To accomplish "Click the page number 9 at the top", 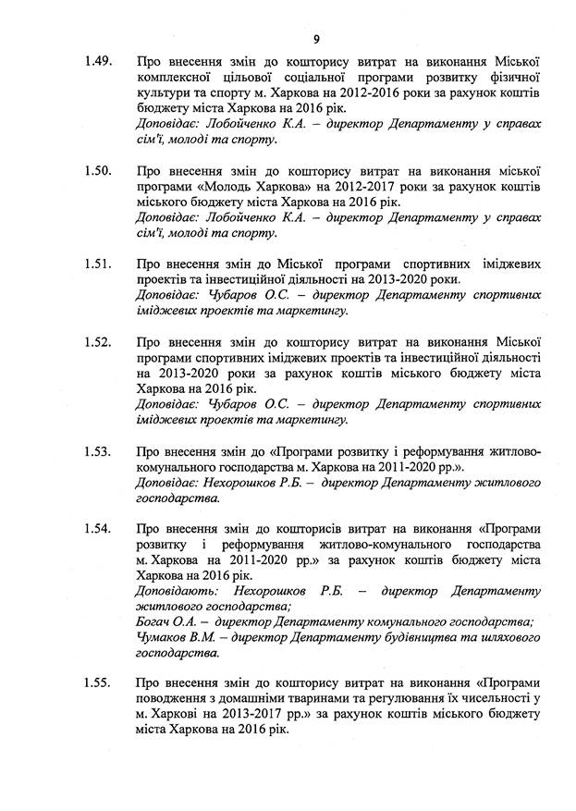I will click(x=316, y=39).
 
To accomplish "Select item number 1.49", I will click(x=97, y=62).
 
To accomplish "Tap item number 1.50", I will click(x=97, y=172).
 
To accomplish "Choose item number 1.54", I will click(x=97, y=529).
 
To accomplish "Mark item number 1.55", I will click(x=97, y=683).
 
